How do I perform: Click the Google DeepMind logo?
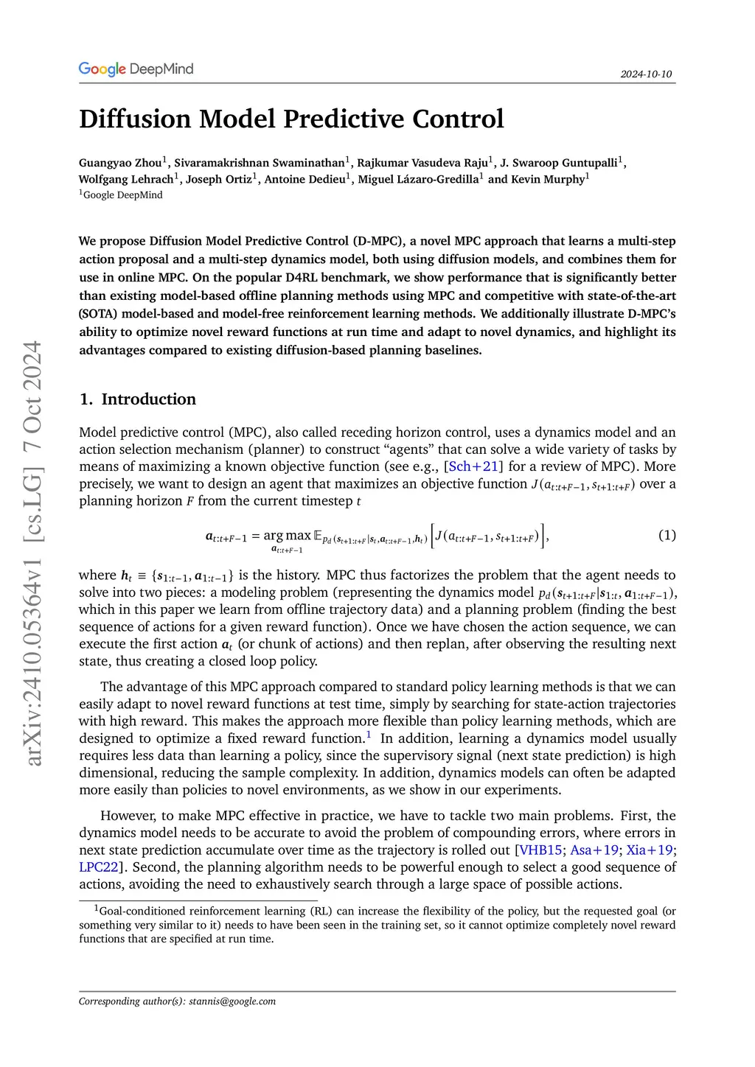tap(136, 69)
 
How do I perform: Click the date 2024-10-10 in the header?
tap(646, 74)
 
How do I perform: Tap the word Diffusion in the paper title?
tap(134, 119)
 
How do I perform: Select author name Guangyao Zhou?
tap(120, 163)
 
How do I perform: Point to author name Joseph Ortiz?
tap(218, 179)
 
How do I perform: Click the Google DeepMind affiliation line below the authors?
tap(122, 195)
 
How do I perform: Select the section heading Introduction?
tap(148, 399)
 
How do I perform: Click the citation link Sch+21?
tap(473, 466)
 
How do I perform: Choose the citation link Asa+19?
tap(594, 850)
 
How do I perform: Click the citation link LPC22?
tap(99, 867)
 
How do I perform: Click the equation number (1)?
tap(667, 535)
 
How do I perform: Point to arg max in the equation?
tap(287, 536)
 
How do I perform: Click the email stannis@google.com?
tap(232, 1001)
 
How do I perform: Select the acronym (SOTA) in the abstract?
tap(95, 314)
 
